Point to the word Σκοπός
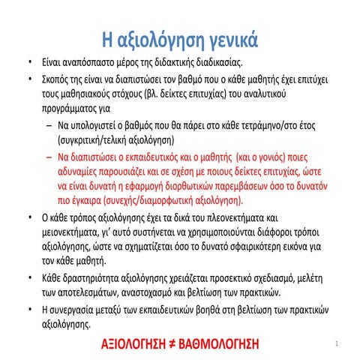coord(57,79)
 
